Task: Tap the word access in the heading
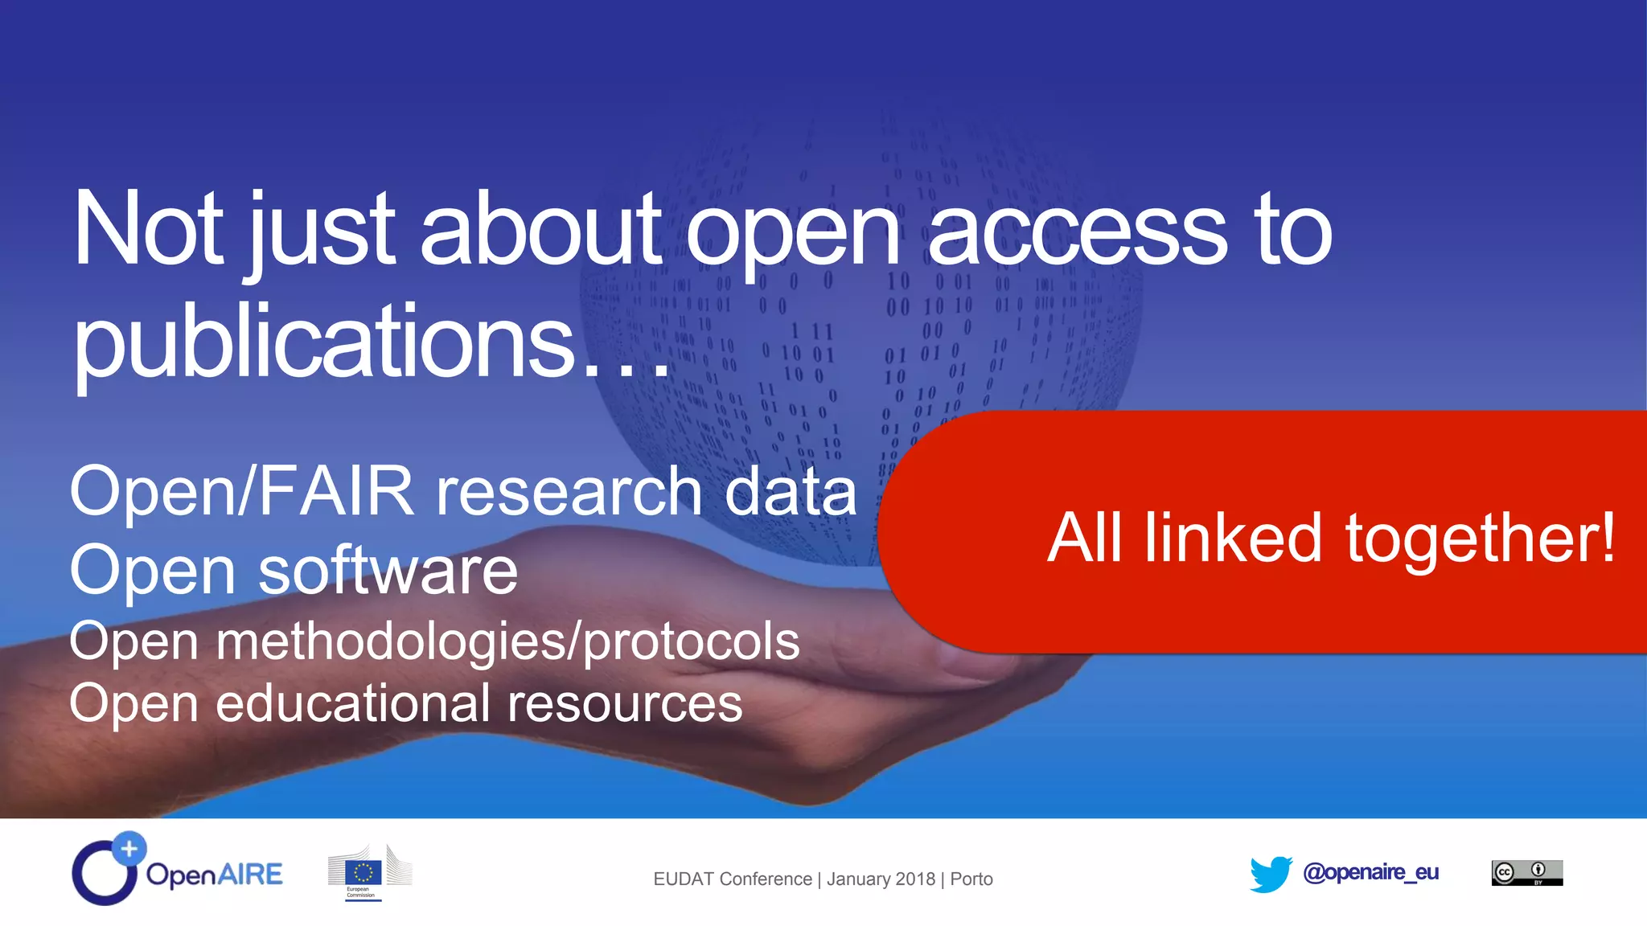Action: pos(1078,233)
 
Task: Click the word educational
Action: pos(353,703)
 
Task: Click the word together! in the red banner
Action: pos(1480,539)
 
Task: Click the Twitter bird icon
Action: pos(1271,874)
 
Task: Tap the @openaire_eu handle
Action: pos(1370,872)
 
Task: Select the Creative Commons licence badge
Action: pos(1526,873)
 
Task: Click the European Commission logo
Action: pos(369,873)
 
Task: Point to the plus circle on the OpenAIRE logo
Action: pos(129,848)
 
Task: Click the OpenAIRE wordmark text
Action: pos(214,875)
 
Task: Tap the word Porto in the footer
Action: pos(971,879)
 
